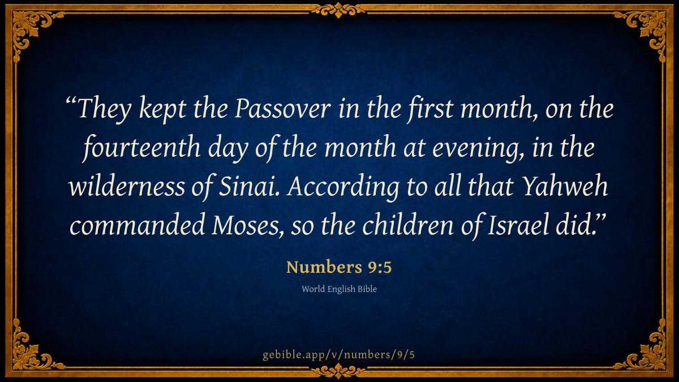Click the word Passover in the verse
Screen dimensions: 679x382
[x=282, y=109]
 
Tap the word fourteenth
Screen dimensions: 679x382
[x=141, y=148]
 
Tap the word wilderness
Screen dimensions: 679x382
[x=127, y=186]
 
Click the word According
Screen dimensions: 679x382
[x=343, y=186]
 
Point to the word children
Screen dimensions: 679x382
[x=408, y=224]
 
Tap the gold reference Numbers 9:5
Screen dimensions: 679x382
[x=339, y=267]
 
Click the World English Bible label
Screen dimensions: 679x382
[x=339, y=289]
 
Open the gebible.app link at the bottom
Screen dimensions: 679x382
[x=338, y=355]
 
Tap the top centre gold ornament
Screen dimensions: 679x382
[x=338, y=10]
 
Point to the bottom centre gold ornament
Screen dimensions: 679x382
[x=338, y=371]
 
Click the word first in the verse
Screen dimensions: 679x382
[x=430, y=109]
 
